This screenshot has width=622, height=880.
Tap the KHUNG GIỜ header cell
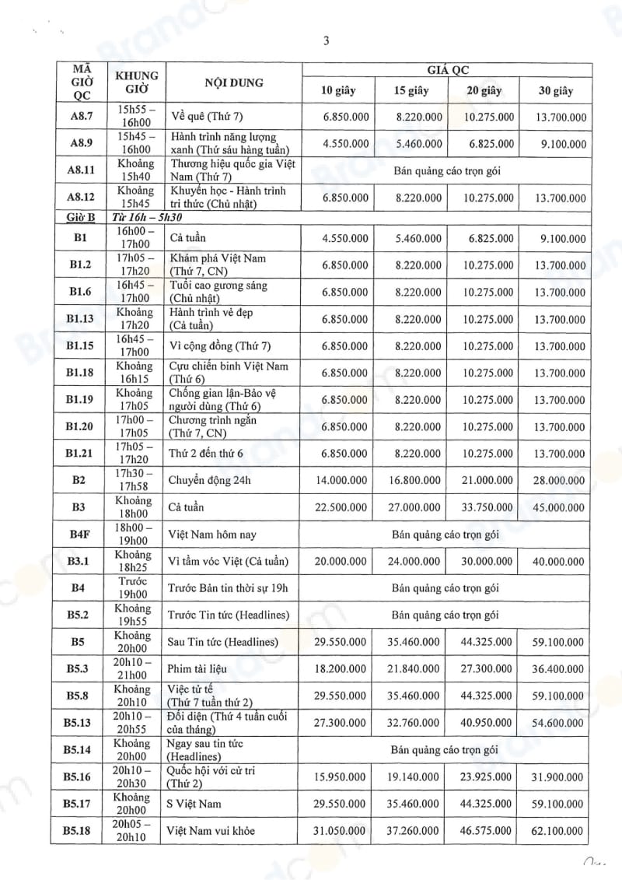(x=137, y=82)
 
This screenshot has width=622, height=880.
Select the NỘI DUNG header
(x=234, y=82)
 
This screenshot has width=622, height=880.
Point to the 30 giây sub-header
(x=555, y=91)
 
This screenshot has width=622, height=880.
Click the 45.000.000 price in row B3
(x=556, y=507)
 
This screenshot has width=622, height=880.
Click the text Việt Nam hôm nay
(x=212, y=535)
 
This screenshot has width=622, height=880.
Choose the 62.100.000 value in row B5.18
(x=556, y=831)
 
